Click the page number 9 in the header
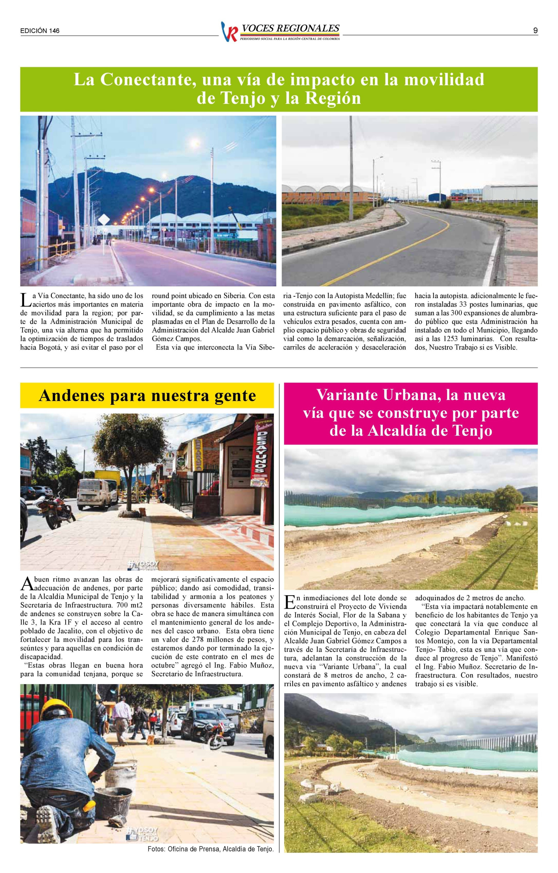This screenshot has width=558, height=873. point(535,31)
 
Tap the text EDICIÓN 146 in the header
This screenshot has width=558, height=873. point(40,31)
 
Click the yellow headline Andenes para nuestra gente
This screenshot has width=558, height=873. point(147,395)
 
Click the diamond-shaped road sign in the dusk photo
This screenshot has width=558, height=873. point(104,220)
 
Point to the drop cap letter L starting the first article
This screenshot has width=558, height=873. point(24,301)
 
